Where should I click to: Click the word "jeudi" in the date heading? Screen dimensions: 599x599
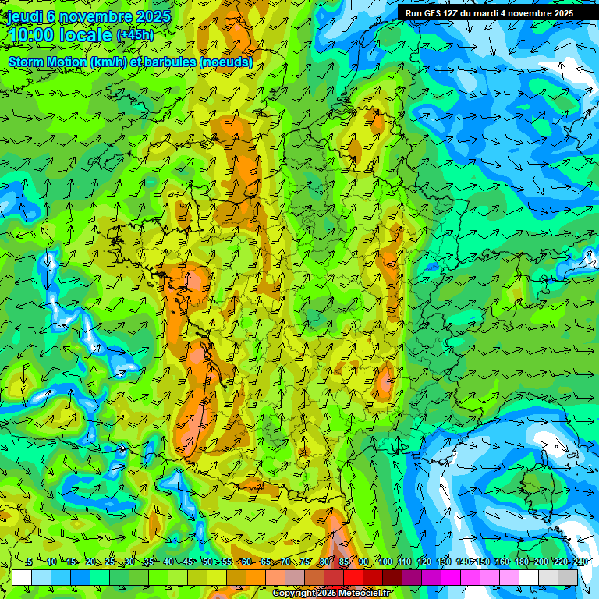pyautogui.click(x=25, y=16)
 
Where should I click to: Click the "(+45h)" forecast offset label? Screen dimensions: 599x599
pyautogui.click(x=135, y=35)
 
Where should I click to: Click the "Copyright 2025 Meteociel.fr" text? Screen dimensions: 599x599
pyautogui.click(x=332, y=594)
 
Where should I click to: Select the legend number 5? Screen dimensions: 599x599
pyautogui.click(x=29, y=562)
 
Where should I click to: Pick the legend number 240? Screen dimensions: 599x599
pyautogui.click(x=580, y=562)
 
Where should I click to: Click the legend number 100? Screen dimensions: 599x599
pyautogui.click(x=385, y=562)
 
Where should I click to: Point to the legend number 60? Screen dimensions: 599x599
pyautogui.click(x=246, y=562)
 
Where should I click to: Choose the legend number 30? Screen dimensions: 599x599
pyautogui.click(x=129, y=562)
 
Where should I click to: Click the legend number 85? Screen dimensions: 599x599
pyautogui.click(x=344, y=562)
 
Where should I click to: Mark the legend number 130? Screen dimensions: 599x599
pyautogui.click(x=443, y=562)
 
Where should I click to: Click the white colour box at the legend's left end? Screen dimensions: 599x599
pyautogui.click(x=22, y=577)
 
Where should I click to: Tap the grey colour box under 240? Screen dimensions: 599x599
pyautogui.click(x=569, y=577)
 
